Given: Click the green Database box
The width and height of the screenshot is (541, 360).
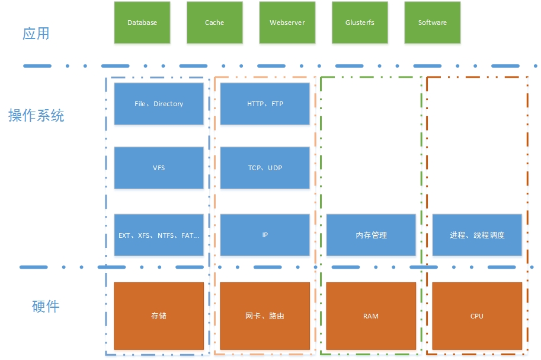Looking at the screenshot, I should tap(142, 23).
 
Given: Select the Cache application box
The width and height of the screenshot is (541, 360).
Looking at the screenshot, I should tap(215, 23).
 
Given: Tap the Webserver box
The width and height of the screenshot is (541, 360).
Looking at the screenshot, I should tap(287, 23).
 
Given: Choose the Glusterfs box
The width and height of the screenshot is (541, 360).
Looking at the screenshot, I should tap(360, 23).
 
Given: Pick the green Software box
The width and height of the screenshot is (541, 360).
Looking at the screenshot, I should tap(433, 23).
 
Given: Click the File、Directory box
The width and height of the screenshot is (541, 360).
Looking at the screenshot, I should tap(159, 104).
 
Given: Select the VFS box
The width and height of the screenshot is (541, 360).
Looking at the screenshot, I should tap(159, 168).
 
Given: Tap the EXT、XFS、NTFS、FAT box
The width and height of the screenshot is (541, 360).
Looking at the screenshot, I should tap(159, 235).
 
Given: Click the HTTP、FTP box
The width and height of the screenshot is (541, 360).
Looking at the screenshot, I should tap(265, 104).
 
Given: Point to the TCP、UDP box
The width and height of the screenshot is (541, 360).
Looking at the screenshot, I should tap(265, 168).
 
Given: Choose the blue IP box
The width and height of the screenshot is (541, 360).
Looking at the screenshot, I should tap(265, 235).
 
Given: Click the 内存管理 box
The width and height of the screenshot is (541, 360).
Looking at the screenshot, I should tap(371, 235).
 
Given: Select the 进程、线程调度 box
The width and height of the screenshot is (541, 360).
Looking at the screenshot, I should tap(477, 235).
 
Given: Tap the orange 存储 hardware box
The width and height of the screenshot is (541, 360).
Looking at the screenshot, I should tap(159, 316).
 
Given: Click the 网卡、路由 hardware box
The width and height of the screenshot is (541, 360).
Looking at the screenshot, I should tap(265, 316).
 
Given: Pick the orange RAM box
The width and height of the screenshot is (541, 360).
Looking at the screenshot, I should tap(371, 316).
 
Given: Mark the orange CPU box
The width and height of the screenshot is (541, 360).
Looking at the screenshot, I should tap(477, 316).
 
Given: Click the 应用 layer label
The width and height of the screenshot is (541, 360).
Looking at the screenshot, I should tap(36, 33).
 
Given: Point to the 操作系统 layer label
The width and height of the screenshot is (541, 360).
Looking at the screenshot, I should tap(36, 115).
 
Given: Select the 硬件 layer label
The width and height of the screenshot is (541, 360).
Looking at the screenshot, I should tap(46, 306).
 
